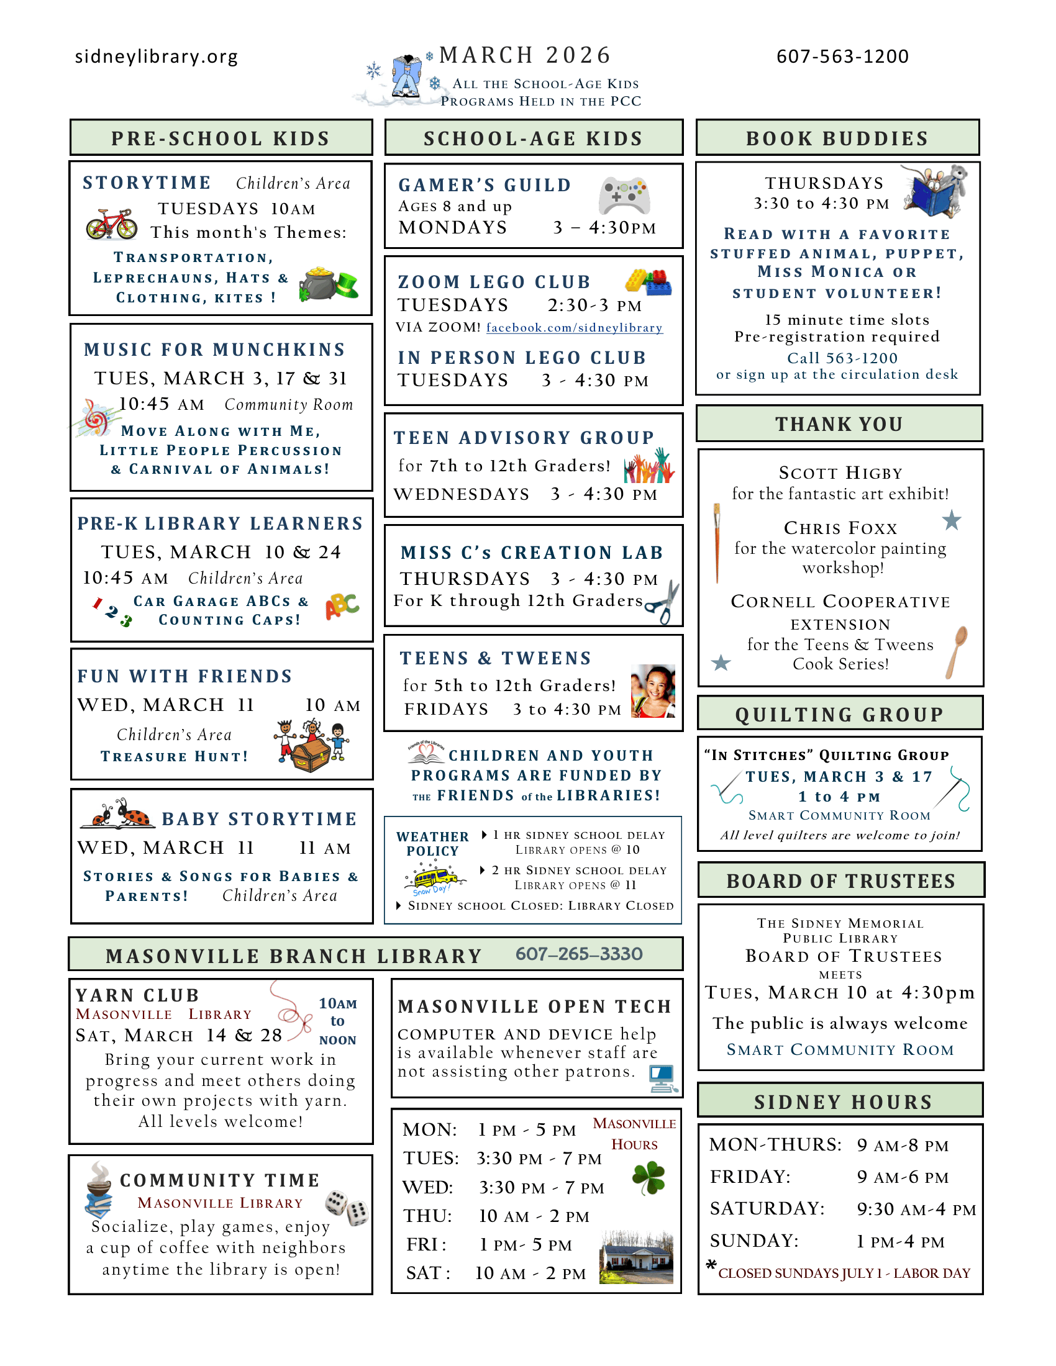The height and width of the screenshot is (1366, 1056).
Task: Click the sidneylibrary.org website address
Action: [157, 57]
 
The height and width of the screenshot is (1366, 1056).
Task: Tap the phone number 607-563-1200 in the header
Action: [842, 57]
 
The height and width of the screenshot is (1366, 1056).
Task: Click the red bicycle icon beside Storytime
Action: [111, 224]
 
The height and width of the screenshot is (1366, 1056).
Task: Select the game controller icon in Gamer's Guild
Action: [624, 195]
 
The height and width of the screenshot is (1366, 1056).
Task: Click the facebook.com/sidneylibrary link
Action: [574, 328]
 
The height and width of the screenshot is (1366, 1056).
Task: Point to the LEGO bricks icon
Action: [648, 281]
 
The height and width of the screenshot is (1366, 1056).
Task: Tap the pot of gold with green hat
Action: [329, 284]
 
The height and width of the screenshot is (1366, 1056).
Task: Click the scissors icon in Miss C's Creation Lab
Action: [663, 602]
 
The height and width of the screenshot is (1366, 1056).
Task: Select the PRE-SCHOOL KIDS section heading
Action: [221, 138]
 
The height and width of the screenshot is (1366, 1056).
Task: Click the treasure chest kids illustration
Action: [312, 746]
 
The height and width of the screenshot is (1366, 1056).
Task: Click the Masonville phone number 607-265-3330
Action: [579, 954]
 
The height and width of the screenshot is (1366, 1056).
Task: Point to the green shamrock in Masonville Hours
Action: [649, 1178]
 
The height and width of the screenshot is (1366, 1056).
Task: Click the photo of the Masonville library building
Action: [636, 1257]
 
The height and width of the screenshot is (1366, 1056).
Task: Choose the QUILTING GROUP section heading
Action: [839, 714]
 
